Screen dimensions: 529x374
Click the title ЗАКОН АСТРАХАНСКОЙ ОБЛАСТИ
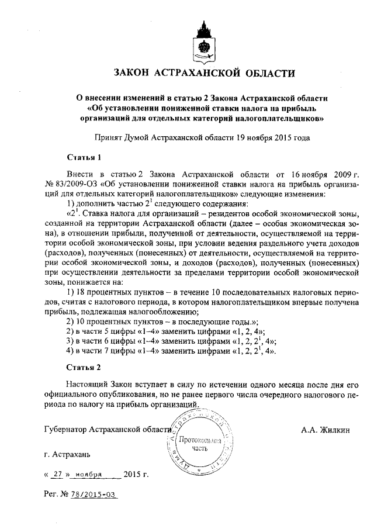point(205,74)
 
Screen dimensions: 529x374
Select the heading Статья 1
point(84,158)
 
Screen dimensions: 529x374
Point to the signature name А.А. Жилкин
point(325,430)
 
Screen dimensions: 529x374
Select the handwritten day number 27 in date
point(57,474)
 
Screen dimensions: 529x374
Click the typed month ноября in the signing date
point(89,474)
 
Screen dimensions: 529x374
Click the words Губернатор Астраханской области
point(108,430)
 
